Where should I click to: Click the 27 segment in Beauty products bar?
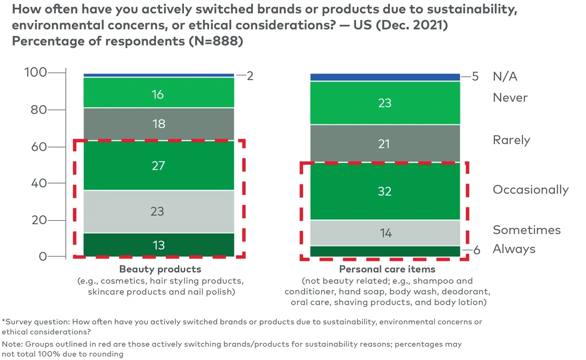click(x=159, y=165)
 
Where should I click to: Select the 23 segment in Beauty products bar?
click(x=159, y=211)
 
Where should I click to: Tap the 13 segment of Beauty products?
click(x=159, y=245)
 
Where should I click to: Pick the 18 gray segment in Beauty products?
click(x=159, y=124)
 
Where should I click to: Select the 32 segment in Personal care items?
click(x=385, y=191)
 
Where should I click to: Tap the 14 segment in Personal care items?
click(x=385, y=233)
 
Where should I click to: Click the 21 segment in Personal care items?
click(x=385, y=144)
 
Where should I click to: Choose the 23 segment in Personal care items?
click(x=385, y=103)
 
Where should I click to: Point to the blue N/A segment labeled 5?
click(x=385, y=77)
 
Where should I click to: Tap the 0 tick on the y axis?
click(x=42, y=256)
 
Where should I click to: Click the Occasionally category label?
click(x=531, y=190)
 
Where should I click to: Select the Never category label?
click(x=510, y=98)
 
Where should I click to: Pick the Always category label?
click(x=514, y=249)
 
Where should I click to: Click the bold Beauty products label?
click(x=160, y=269)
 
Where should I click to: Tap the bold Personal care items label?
click(x=387, y=269)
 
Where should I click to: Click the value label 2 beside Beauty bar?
click(x=250, y=76)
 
